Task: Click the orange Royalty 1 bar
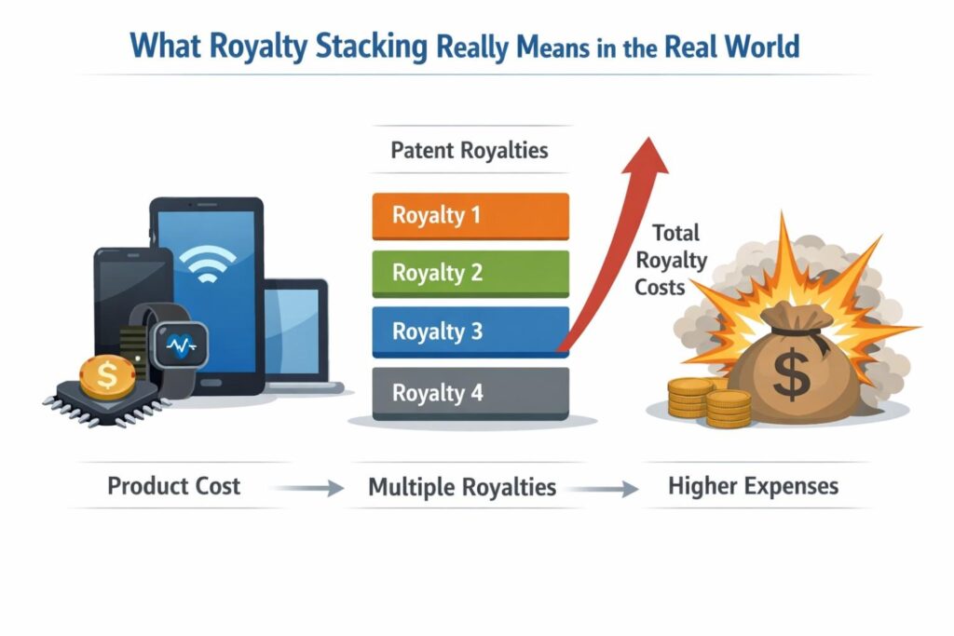point(470,216)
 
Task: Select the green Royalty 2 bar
point(470,273)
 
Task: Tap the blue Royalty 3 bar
point(470,332)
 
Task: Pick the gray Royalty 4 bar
point(470,392)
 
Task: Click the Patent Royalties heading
point(470,150)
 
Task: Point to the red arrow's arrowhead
point(645,153)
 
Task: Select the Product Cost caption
point(174,486)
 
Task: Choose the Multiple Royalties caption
point(462,487)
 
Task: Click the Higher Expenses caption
point(753,486)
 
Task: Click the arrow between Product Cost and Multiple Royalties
point(311,488)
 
